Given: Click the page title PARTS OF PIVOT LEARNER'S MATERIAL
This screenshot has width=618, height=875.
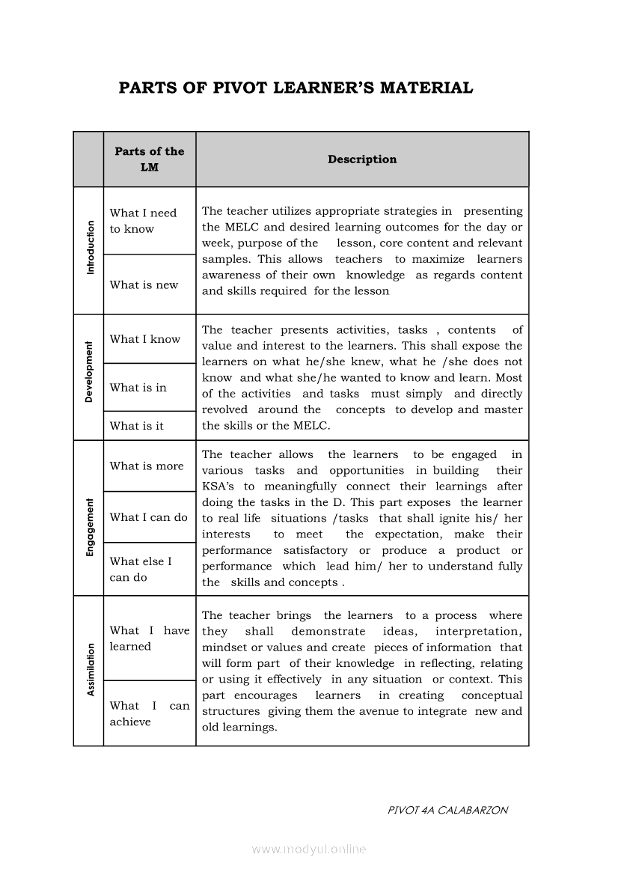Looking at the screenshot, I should point(296,88).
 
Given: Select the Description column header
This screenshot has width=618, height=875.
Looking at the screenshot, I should point(362,159).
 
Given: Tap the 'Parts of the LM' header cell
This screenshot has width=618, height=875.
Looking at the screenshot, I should point(150,159).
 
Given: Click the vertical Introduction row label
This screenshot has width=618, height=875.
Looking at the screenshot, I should point(91,247).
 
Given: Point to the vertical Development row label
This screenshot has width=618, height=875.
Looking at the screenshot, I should point(89,373).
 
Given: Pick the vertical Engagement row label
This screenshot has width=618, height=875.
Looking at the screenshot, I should point(90,527).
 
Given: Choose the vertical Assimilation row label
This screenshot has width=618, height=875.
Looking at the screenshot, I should point(91,670).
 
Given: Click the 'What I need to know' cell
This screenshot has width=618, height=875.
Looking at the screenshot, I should point(143,221).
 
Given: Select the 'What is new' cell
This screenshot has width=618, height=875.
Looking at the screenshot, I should point(144,284).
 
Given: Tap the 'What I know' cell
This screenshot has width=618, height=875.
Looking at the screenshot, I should point(144,339).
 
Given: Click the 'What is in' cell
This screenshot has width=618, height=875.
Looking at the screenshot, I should point(138,388).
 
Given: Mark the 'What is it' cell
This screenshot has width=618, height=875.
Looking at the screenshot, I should point(136,426).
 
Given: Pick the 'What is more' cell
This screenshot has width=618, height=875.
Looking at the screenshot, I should point(146,466).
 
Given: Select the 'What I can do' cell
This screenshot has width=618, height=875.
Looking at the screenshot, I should point(148,517).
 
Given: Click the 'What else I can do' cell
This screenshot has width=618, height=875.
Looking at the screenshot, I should point(141,569).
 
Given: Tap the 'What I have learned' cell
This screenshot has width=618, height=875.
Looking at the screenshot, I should point(149,638).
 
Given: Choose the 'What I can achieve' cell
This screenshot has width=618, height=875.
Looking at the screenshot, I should point(149,713).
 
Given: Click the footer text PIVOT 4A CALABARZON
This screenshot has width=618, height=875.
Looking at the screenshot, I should point(448,810).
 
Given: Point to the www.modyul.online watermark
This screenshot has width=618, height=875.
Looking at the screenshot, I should point(309,849).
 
